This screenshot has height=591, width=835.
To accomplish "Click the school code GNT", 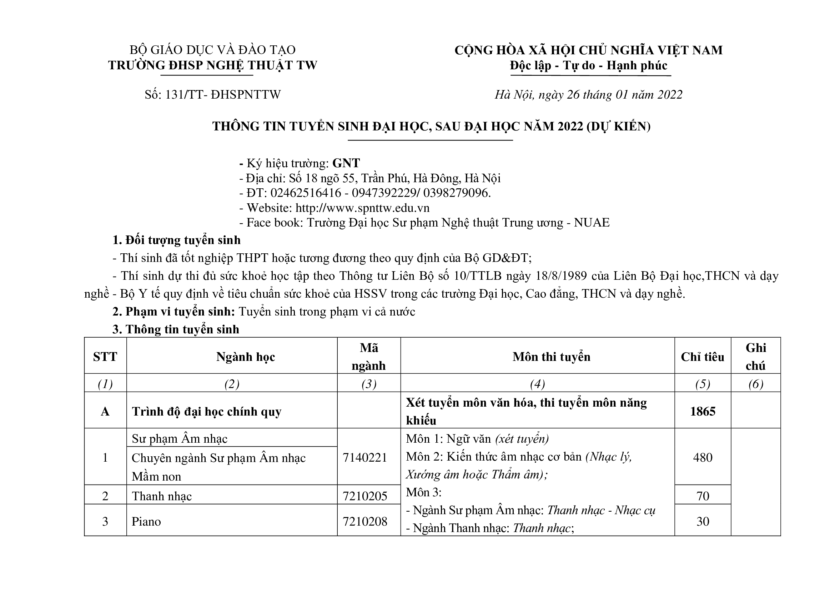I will tap(346, 163).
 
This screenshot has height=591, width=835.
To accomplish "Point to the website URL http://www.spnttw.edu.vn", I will tap(362, 208).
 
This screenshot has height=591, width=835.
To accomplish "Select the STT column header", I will tap(105, 357).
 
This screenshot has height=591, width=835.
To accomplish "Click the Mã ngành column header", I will tap(369, 357).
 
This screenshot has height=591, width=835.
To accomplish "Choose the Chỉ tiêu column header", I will tap(702, 357).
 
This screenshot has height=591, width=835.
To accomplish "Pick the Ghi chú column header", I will tap(756, 357).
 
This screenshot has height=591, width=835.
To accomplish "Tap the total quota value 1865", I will tap(703, 411).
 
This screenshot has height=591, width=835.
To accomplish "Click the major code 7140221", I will tap(365, 457).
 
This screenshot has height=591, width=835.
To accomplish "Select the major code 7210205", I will tap(365, 496).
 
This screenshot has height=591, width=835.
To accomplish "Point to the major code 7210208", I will tap(365, 521).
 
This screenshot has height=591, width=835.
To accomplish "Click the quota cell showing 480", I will tap(703, 457).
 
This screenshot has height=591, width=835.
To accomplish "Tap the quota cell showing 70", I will tap(703, 496).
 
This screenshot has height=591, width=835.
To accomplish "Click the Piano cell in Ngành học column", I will tap(146, 521).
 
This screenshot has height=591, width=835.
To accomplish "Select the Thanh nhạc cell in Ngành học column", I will tap(161, 496).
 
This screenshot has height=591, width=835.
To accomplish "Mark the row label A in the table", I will tap(105, 412).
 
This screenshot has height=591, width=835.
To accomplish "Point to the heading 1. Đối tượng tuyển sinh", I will tap(176, 240).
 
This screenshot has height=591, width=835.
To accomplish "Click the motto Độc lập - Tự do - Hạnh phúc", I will tap(588, 65).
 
